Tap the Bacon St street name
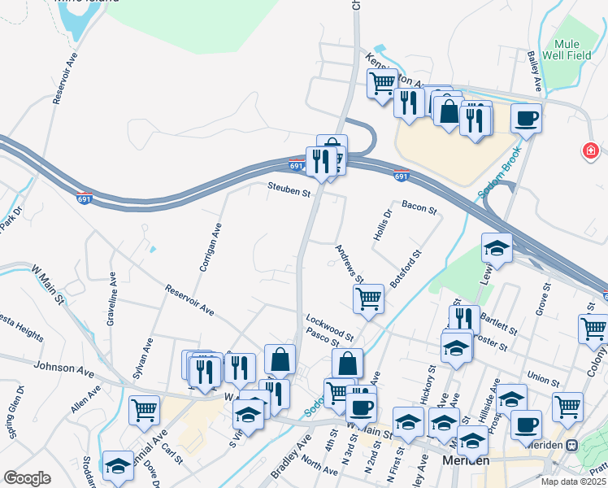(x=419, y=209)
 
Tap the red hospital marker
(x=590, y=151)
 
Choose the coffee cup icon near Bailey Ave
(x=526, y=118)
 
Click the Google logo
(x=27, y=478)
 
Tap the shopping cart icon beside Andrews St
(x=368, y=298)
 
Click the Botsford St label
(x=406, y=268)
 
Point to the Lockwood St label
(x=330, y=326)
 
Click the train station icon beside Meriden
(x=572, y=445)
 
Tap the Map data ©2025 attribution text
(x=572, y=481)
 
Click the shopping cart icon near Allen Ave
(x=144, y=409)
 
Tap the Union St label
(x=537, y=377)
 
